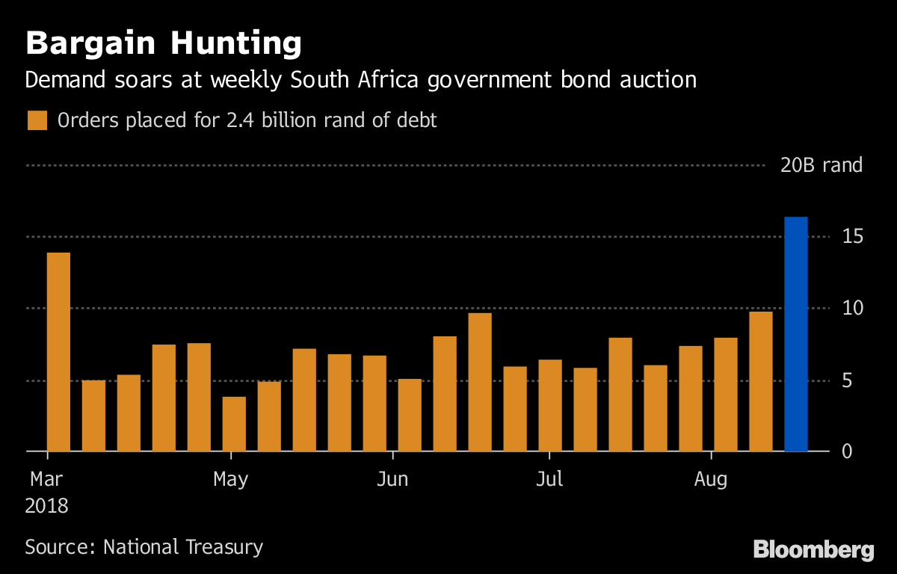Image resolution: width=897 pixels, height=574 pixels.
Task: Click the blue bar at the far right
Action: [795, 334]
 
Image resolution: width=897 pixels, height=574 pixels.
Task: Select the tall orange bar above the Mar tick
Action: [58, 352]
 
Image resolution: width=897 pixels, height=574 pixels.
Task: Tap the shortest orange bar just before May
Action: [234, 424]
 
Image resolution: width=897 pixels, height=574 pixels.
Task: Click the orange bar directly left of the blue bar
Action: [760, 381]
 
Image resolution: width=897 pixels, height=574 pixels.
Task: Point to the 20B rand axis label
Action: [822, 165]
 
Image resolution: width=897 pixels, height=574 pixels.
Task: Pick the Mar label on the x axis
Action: [46, 479]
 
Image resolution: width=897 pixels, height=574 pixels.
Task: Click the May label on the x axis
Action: [230, 479]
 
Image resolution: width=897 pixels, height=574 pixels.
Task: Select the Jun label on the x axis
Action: [392, 479]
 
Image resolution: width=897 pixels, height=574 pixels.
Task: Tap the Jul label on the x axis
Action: [549, 479]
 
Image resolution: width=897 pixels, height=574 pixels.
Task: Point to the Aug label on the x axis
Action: [710, 479]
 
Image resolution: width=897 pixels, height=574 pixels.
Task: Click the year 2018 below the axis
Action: [46, 506]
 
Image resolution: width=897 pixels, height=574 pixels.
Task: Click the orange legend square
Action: [37, 120]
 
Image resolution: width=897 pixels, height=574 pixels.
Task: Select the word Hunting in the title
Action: [236, 44]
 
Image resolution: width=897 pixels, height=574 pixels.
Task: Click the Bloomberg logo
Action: [813, 550]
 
